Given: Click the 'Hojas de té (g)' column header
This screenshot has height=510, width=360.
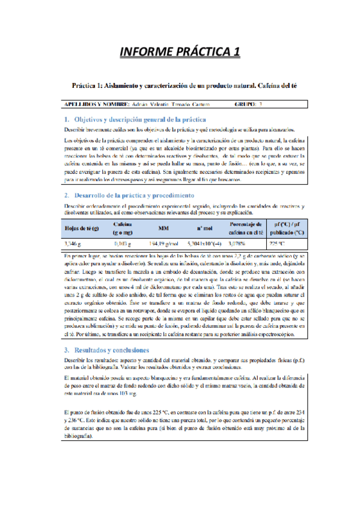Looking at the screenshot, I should pos(82,227).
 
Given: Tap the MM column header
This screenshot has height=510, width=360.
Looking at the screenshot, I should pos(163,228).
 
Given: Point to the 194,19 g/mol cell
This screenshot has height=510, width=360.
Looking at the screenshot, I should pos(163,244).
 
